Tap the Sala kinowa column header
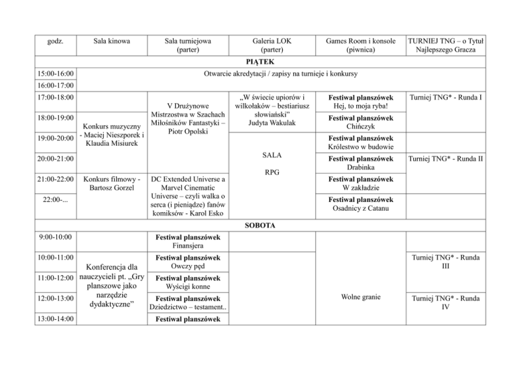[x=111, y=41]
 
